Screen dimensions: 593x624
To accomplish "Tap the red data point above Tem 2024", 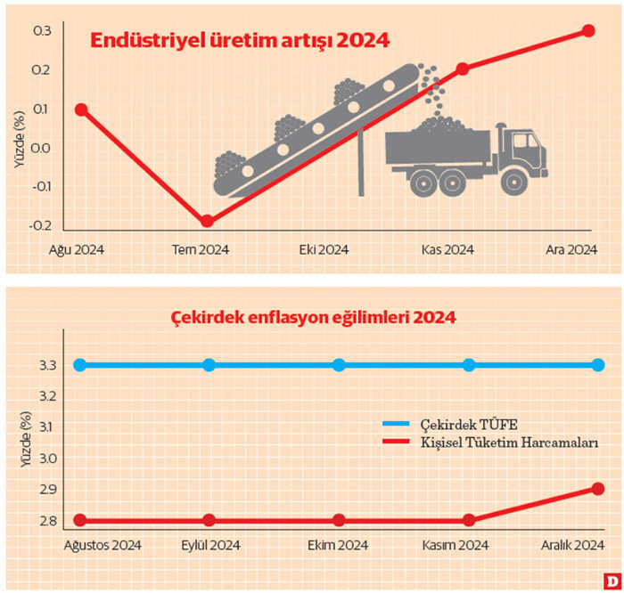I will [207, 221].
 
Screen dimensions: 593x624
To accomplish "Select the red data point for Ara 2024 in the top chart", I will [588, 30].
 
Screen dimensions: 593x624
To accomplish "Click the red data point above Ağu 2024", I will [81, 110].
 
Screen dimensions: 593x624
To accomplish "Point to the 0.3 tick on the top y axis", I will [42, 31].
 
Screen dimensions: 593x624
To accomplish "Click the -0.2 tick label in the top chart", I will [40, 225].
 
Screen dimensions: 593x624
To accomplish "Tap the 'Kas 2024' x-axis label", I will [447, 249].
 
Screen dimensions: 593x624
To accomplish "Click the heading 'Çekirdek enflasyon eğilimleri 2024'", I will [313, 318].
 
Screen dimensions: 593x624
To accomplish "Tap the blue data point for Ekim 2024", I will [339, 365].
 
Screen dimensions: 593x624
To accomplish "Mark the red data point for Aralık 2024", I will [597, 489].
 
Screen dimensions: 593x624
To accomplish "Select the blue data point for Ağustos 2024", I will [80, 365].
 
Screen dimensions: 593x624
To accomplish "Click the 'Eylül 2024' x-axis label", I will [210, 545].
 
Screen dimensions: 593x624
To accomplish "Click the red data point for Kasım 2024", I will [468, 520].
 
